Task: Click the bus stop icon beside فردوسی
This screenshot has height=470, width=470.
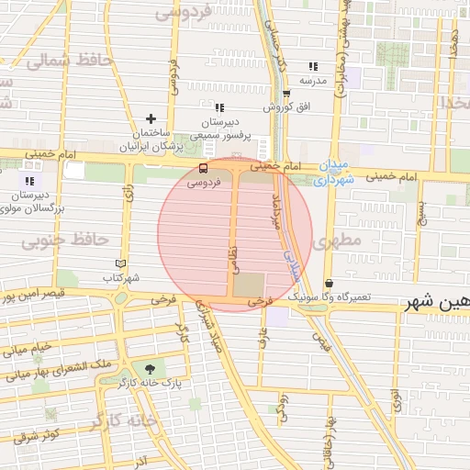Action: point(203,168)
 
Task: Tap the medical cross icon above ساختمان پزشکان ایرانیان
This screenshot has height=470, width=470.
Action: point(151,118)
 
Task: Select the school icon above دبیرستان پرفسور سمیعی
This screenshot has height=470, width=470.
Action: point(219,107)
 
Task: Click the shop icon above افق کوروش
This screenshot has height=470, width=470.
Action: point(286,93)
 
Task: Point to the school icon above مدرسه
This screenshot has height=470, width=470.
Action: point(313,66)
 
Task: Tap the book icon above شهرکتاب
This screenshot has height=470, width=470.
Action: point(119,263)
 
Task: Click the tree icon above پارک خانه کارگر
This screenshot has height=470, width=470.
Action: point(150,367)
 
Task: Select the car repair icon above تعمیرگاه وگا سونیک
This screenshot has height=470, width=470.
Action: point(330,284)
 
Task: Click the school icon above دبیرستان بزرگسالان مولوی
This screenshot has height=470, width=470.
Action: point(30,181)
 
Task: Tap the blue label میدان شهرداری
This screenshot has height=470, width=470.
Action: point(329,173)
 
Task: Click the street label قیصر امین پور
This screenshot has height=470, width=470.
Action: point(32,297)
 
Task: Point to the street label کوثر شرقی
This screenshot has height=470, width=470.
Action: point(38,432)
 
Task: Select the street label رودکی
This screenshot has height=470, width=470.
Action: point(284,401)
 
